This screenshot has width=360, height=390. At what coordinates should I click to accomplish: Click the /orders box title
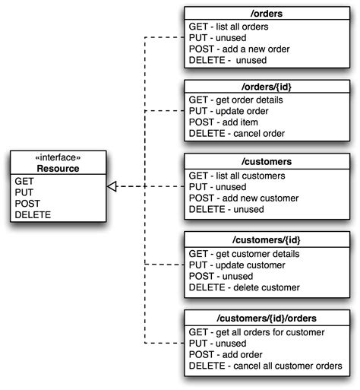267,12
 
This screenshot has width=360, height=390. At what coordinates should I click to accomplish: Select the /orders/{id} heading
267,87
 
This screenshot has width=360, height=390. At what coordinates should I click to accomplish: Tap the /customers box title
267,163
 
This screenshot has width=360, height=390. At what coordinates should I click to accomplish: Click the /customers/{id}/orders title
267,316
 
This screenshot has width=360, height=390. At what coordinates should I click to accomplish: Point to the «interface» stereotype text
58,158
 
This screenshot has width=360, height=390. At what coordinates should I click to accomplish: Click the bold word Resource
58,169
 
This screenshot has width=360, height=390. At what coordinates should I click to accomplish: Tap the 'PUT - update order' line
229,111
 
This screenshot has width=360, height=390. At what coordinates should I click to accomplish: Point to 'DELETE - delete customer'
244,287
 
